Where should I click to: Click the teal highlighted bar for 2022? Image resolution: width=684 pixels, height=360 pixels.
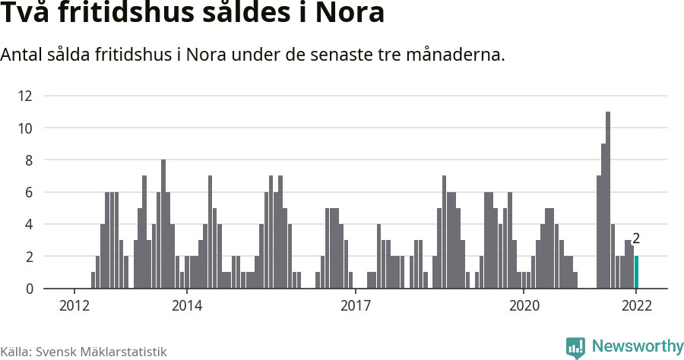[x=636, y=273]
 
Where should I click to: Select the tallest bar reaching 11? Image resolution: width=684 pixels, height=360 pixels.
[x=608, y=201]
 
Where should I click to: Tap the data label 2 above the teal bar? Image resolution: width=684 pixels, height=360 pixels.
[x=636, y=238]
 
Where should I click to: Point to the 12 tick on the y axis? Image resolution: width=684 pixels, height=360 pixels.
[x=25, y=96]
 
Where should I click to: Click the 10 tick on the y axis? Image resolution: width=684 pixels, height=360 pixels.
[x=25, y=128]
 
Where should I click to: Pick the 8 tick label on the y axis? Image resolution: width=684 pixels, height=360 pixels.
[x=29, y=160]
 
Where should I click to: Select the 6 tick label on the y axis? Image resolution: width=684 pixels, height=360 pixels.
[x=29, y=193]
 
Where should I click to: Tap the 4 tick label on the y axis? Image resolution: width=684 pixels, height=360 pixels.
[x=29, y=225]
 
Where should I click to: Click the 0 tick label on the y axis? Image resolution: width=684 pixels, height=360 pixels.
[x=29, y=289]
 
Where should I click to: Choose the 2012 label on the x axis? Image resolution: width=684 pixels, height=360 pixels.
[x=74, y=305]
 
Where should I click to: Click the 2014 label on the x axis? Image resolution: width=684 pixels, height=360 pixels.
[x=187, y=305]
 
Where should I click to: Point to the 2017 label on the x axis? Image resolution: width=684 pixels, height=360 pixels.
[x=355, y=305]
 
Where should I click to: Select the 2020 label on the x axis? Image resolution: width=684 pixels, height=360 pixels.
[x=524, y=305]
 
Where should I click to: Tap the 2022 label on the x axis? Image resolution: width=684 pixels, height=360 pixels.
[x=636, y=305]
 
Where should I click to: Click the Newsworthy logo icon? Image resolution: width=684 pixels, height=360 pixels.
[x=575, y=348]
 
